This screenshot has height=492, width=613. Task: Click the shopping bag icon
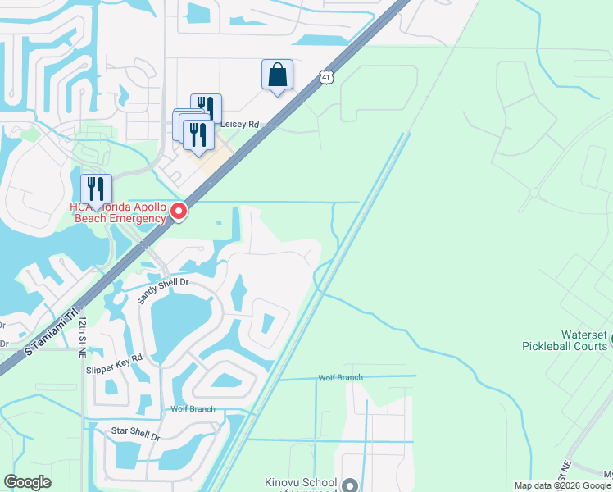pos(278,75)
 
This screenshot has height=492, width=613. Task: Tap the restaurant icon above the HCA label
pos(96,189)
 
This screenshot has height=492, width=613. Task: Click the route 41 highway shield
pos(327,77)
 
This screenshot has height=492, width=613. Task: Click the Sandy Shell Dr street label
pos(162,291)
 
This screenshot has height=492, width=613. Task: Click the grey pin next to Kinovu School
pos(351,485)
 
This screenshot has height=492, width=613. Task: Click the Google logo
pos(28,482)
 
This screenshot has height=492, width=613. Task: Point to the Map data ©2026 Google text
pos(563,485)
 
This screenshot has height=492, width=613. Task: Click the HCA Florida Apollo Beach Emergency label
pos(119,212)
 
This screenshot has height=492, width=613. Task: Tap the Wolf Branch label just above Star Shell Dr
pos(193,408)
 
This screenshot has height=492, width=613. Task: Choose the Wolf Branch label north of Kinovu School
pos(338,378)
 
